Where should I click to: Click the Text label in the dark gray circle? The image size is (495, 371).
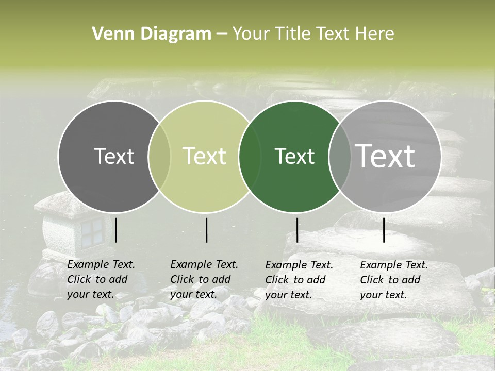(114, 156)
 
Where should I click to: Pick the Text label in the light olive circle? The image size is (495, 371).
(205, 156)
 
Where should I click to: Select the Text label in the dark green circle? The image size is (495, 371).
(295, 156)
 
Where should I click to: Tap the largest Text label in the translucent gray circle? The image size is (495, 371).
(385, 156)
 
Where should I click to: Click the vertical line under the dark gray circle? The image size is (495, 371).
(116, 230)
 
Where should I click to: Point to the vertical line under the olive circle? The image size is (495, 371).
(206, 230)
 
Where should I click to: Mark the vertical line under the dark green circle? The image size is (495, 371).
(297, 230)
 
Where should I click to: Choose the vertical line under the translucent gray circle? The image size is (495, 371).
(384, 230)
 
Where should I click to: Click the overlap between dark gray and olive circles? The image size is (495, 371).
(159, 157)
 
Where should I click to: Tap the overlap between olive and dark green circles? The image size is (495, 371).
(250, 157)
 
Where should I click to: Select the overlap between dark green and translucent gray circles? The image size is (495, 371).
(340, 157)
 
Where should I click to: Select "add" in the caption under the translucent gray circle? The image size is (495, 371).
(411, 280)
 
